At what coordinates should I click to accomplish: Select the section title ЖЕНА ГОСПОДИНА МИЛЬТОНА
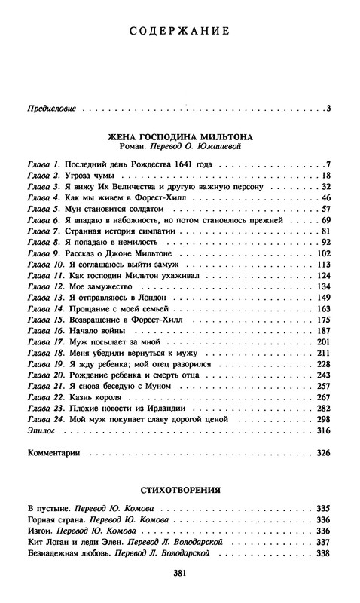click(180, 138)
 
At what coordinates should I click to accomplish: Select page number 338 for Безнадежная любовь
click(325, 552)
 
